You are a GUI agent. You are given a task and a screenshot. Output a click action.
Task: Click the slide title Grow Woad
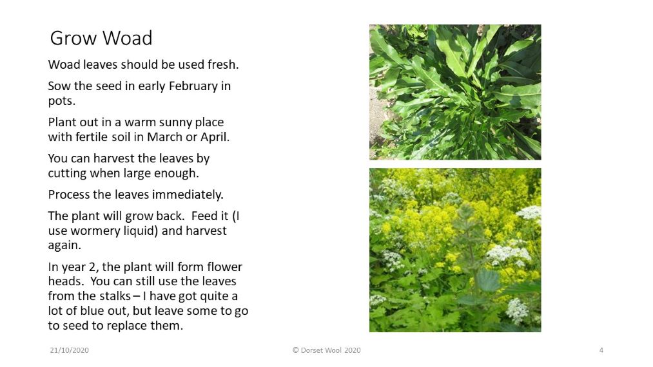[x=101, y=38]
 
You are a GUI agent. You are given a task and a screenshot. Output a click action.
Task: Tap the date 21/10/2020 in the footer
[x=69, y=350]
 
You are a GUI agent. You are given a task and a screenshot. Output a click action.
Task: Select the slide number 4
[x=601, y=350]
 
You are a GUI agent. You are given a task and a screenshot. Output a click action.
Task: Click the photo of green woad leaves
[x=455, y=92]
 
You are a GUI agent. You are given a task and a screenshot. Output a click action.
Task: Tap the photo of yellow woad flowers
[x=455, y=250]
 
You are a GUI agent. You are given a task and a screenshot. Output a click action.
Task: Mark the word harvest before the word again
[x=206, y=231]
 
